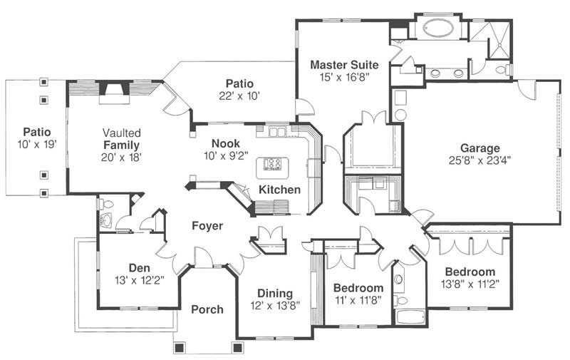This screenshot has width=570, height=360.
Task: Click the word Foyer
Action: coord(207,226)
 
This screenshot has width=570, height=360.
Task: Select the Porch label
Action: coord(207,309)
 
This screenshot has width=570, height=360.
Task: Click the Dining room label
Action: coord(275,293)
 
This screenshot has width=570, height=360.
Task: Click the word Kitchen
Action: coord(279,190)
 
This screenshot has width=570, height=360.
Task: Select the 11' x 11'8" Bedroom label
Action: coord(359,299)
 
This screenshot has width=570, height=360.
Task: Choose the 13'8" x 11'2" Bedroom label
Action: coord(470,284)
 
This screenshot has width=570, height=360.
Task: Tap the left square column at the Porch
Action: coord(179,347)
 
